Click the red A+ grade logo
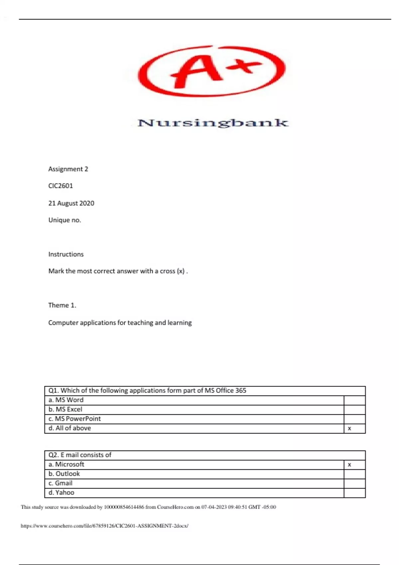[x=212, y=71]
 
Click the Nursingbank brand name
[x=213, y=123]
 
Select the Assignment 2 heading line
[x=68, y=169]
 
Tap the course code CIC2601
[x=61, y=186]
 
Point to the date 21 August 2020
[x=71, y=203]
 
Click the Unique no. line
[x=65, y=220]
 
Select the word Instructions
[x=66, y=254]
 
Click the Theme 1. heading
[x=62, y=305]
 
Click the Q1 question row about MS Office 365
[x=147, y=391]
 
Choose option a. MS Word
[x=66, y=400]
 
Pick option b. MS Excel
[x=65, y=409]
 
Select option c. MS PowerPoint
[x=74, y=419]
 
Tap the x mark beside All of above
[x=349, y=429]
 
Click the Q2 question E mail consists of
[x=80, y=455]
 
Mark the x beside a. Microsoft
[x=349, y=465]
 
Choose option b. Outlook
[x=64, y=474]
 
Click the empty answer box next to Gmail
[x=354, y=483]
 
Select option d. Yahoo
[x=61, y=493]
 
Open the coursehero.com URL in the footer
[x=104, y=526]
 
